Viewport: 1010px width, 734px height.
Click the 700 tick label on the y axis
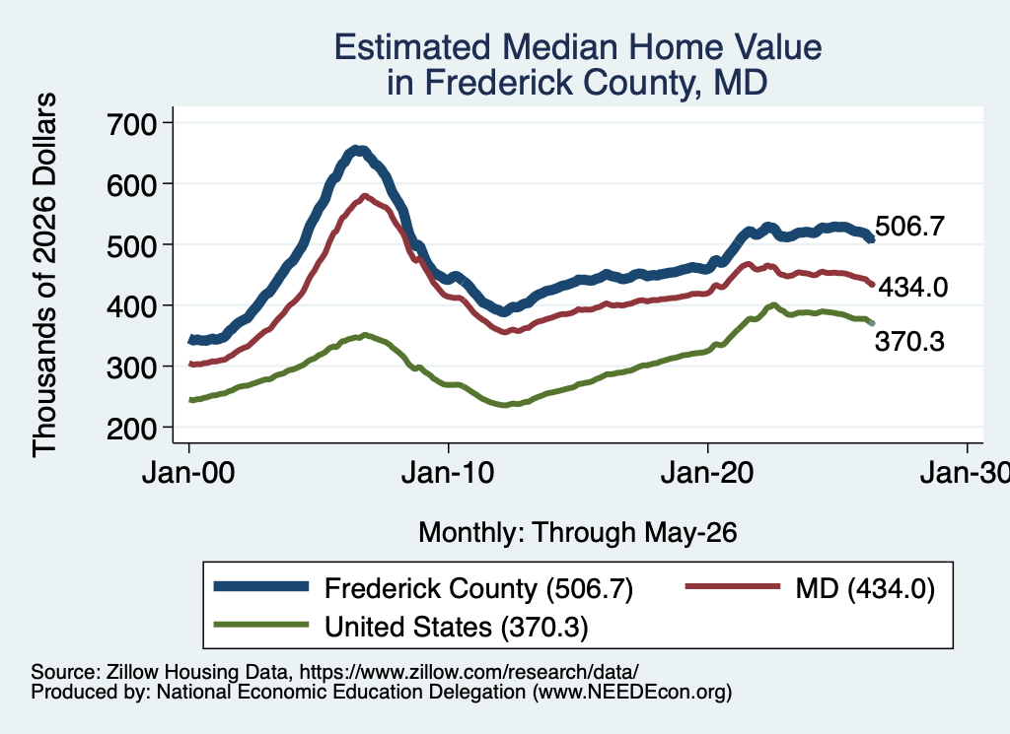(x=131, y=123)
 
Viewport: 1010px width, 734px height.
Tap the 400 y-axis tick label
(x=131, y=306)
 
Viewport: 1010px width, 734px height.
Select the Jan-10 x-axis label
(x=448, y=473)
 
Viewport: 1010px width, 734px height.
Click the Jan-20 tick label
(x=707, y=473)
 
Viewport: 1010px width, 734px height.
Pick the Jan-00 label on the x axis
(x=188, y=473)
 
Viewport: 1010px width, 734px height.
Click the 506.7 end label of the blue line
(x=909, y=227)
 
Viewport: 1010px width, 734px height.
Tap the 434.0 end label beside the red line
(x=912, y=287)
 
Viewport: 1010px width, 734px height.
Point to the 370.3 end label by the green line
(x=909, y=342)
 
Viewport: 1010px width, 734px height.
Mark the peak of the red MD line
(x=365, y=196)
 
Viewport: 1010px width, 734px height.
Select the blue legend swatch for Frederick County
(x=260, y=586)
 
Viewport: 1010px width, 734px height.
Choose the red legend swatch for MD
(x=733, y=586)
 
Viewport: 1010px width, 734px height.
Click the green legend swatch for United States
(x=260, y=624)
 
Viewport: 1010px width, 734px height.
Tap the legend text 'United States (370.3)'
(x=457, y=627)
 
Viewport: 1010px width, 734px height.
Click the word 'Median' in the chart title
(x=559, y=47)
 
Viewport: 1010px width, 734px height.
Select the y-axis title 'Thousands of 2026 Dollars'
(x=44, y=275)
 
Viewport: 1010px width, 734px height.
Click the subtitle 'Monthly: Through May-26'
(x=578, y=533)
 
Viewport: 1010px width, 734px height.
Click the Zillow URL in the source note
(x=469, y=672)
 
